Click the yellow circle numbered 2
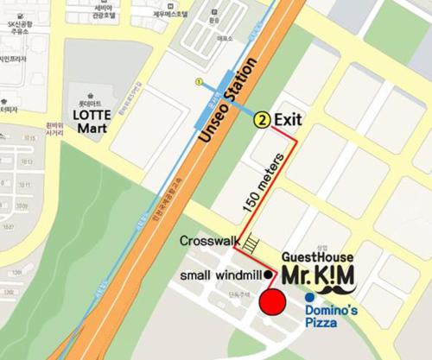pyautogui.click(x=260, y=122)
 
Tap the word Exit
pyautogui.click(x=288, y=122)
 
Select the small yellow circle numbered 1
pyautogui.click(x=200, y=82)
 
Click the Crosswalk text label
pyautogui.click(x=209, y=242)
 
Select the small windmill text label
pyautogui.click(x=220, y=275)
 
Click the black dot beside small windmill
pyautogui.click(x=269, y=275)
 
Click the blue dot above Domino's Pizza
pyautogui.click(x=308, y=298)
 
